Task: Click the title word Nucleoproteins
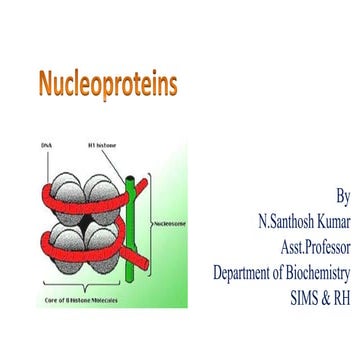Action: click(x=107, y=84)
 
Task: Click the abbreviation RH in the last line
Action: click(x=342, y=298)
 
